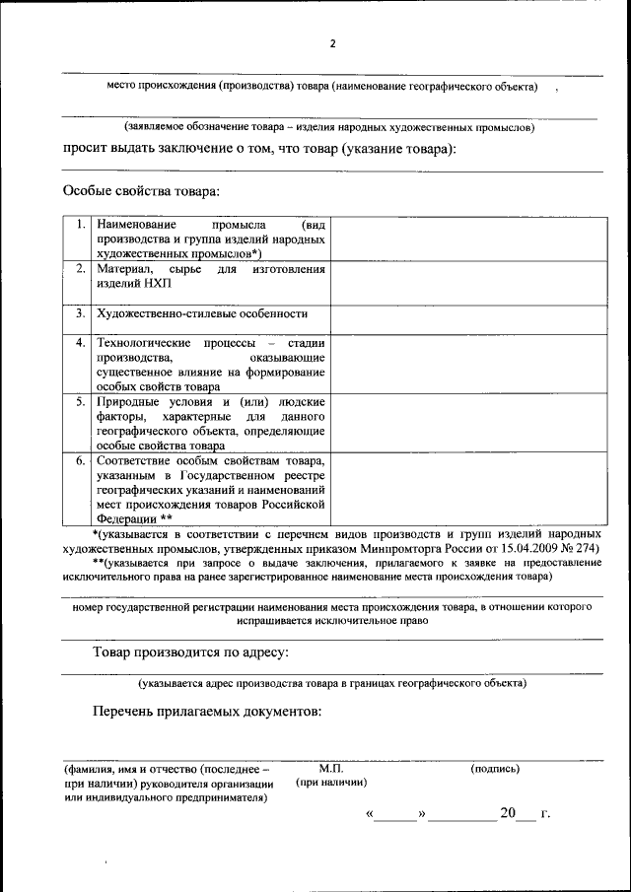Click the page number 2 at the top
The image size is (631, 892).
point(333,44)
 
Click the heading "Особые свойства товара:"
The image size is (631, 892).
point(141,190)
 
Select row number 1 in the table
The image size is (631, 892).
point(80,225)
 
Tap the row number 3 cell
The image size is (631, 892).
point(80,313)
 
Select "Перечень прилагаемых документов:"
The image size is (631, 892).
point(207,711)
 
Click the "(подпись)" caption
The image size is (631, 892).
point(495,768)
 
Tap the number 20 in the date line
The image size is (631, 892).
point(508,813)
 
